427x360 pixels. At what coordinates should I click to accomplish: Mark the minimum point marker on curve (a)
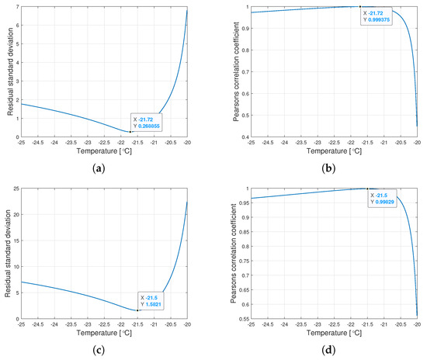coord(130,132)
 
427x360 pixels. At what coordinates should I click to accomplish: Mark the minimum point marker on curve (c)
coord(137,310)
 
